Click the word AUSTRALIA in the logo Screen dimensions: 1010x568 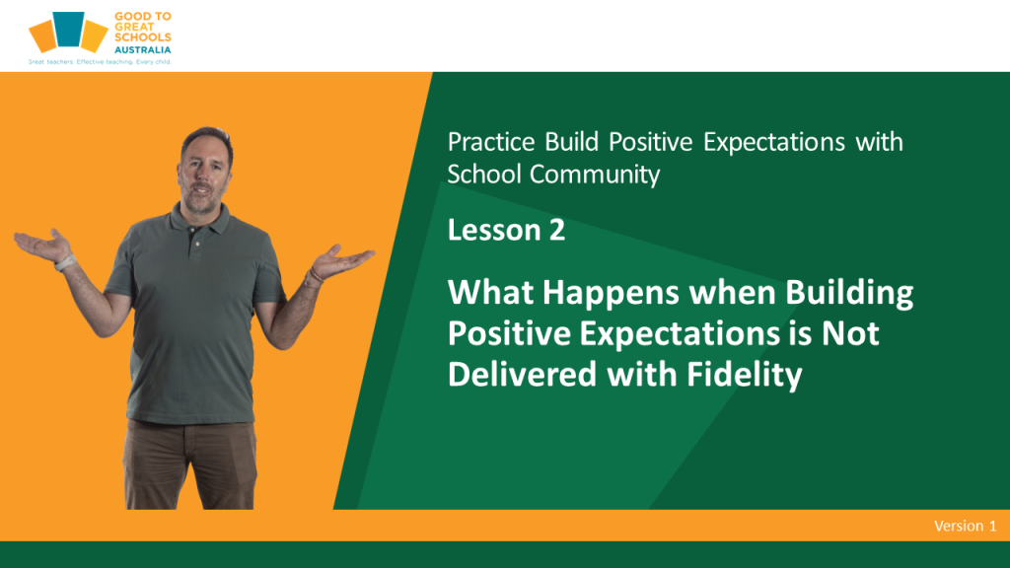click(142, 49)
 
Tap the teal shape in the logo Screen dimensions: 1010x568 click(68, 29)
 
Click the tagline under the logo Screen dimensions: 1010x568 click(100, 62)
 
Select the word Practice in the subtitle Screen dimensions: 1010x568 click(491, 142)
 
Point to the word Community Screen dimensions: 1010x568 click(595, 175)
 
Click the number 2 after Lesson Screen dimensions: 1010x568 click(557, 230)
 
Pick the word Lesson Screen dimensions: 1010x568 click(494, 230)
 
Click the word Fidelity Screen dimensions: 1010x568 click(744, 375)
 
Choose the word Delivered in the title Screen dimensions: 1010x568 click(523, 374)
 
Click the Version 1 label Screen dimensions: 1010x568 click(965, 526)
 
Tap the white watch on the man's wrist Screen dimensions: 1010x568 click(64, 262)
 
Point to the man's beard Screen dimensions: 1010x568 click(203, 200)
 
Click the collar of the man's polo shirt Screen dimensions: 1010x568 click(199, 222)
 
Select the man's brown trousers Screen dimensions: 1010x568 click(190, 463)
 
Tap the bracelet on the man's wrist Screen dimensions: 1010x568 click(314, 277)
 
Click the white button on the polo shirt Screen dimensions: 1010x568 click(197, 245)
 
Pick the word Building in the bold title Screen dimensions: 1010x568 click(849, 294)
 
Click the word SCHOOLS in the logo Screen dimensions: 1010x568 click(143, 37)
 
